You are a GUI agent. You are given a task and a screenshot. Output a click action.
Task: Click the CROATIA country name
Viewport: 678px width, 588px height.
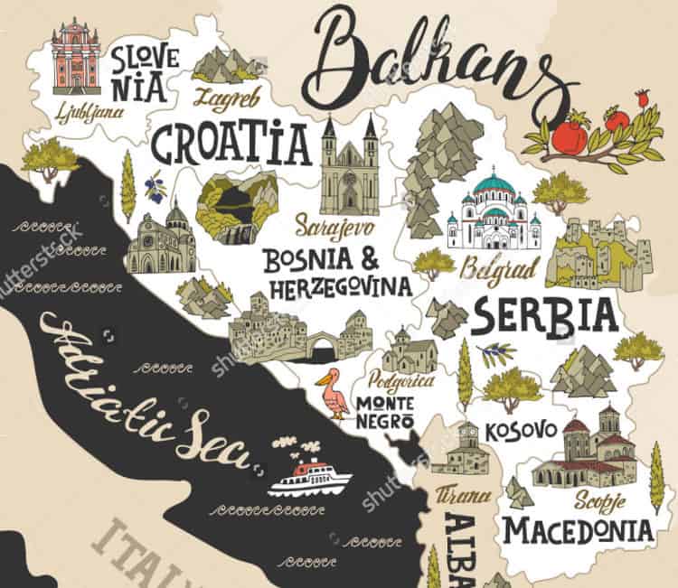pyautogui.click(x=230, y=143)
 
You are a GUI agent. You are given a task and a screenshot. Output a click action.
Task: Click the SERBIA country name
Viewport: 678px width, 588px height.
pyautogui.click(x=545, y=315)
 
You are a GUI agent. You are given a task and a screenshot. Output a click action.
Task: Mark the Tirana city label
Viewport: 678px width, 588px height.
pyautogui.click(x=463, y=496)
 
